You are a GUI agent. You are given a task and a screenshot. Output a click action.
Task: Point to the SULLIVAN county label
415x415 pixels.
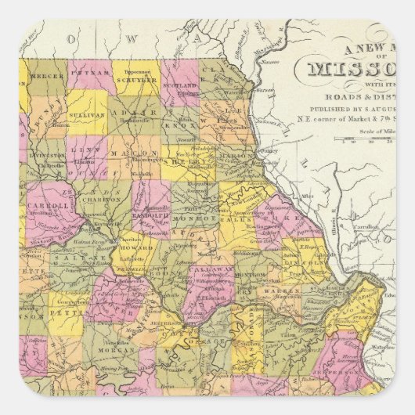(91, 114)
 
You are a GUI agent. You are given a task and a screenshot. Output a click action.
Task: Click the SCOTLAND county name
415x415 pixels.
(182, 86)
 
